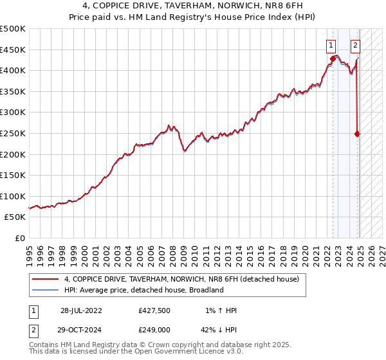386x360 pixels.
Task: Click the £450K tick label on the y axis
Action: point(13,50)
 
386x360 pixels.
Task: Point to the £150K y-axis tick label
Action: point(13,175)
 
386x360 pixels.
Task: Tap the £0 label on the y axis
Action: point(20,238)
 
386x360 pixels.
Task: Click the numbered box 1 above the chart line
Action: point(331,45)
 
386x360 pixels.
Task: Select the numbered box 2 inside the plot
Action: point(355,45)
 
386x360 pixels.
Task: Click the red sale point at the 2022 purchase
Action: point(333,59)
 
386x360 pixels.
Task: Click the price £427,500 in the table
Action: point(154,310)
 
